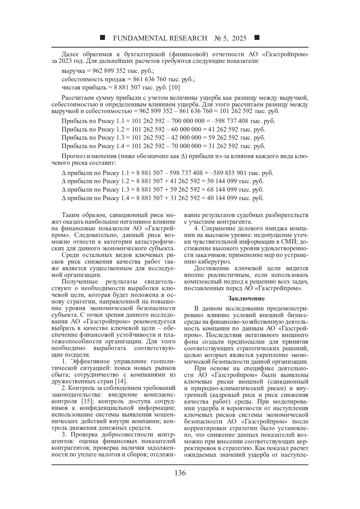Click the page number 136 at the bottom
pos(180,473)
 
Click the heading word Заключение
pos(246,298)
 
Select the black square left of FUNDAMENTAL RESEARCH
pos(102,38)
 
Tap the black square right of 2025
pos(257,38)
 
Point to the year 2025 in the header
pos(239,38)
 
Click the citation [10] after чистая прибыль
pos(175,88)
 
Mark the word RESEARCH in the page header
pos(188,38)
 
